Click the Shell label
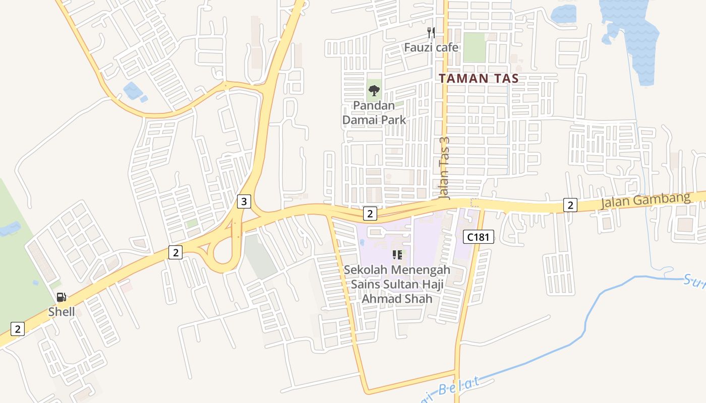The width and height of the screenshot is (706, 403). point(62,312)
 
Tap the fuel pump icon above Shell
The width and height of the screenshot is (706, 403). point(62,297)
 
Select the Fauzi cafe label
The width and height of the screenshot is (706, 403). point(431,47)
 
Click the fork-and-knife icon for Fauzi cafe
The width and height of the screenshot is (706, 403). point(431,33)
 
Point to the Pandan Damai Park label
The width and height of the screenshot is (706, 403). point(374,113)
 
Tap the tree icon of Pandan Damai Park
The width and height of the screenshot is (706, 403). point(374,91)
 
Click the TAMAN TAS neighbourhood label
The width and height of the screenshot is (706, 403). point(478,79)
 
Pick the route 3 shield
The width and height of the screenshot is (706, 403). point(244,202)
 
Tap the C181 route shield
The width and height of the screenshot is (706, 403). point(478,237)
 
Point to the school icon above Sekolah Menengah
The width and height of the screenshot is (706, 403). point(397,255)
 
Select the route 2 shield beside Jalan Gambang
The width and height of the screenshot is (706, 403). point(570,205)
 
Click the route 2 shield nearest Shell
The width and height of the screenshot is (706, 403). point(18,329)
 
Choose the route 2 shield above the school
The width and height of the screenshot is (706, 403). point(370,214)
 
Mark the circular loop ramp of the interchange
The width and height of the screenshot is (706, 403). point(222,255)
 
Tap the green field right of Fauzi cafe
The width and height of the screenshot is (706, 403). point(474,47)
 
